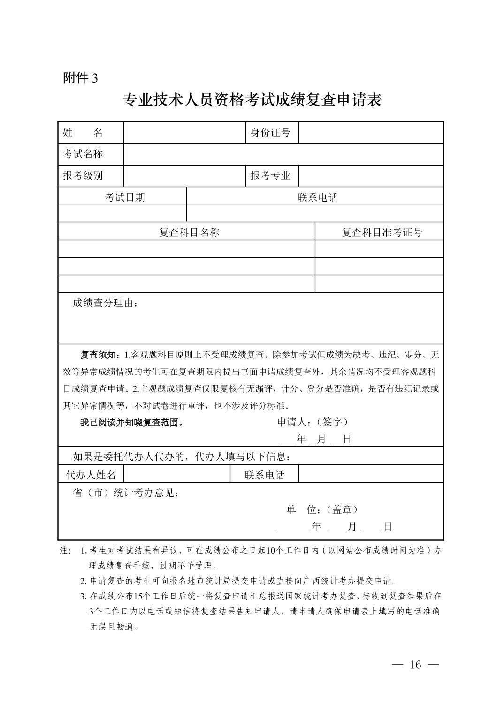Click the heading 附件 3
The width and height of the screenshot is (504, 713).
(x=80, y=78)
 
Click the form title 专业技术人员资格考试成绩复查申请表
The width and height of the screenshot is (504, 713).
(x=252, y=100)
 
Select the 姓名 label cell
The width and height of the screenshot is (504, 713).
(x=91, y=133)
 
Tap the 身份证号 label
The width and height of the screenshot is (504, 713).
(x=271, y=133)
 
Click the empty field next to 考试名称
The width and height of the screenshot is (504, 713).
(x=283, y=154)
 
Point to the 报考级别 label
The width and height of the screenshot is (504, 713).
(x=83, y=176)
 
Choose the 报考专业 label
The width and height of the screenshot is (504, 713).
(x=271, y=176)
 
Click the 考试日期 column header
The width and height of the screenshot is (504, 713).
(x=124, y=197)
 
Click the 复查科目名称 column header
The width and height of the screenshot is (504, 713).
(x=189, y=232)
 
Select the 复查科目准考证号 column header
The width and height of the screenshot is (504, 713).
(x=382, y=232)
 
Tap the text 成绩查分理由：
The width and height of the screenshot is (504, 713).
(x=106, y=303)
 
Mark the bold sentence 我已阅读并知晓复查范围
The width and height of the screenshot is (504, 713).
(x=131, y=423)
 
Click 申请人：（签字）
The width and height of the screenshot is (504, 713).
(x=313, y=422)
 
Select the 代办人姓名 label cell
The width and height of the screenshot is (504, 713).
(x=91, y=475)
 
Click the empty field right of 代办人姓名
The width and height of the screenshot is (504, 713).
(x=176, y=474)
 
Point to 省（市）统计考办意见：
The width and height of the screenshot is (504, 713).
(x=126, y=493)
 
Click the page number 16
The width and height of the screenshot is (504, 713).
(x=416, y=665)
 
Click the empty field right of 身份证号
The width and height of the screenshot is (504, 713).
(x=371, y=133)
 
